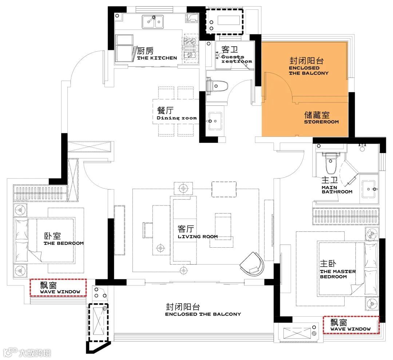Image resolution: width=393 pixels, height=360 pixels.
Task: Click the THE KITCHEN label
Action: (157, 58)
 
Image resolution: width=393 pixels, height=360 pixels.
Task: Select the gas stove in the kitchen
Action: (190, 48)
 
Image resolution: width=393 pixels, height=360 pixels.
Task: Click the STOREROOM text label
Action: (321, 122)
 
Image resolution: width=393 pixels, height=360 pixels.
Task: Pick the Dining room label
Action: (177, 118)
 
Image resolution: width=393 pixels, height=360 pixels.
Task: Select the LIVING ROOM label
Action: (198, 236)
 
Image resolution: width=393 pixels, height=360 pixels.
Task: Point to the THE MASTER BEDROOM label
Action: (338, 274)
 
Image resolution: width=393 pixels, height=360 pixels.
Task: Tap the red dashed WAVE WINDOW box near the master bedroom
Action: (351, 325)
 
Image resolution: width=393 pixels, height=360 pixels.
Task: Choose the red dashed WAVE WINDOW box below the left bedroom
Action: (58, 288)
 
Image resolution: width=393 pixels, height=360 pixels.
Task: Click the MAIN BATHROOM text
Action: (337, 190)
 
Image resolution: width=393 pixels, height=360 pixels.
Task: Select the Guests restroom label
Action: (237, 59)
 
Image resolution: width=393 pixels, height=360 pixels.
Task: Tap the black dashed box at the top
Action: (225, 21)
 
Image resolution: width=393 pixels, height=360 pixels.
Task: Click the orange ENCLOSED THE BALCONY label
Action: (309, 71)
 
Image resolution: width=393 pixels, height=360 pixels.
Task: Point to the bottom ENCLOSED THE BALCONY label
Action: (203, 314)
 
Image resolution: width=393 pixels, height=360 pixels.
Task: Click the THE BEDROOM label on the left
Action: (64, 243)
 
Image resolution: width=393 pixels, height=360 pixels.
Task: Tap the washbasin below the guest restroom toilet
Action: (215, 121)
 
